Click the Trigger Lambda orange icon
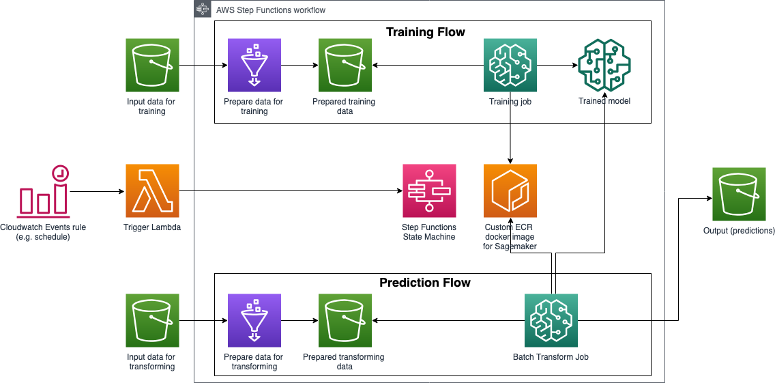(x=152, y=190)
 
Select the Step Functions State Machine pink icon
(x=429, y=190)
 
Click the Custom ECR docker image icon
(x=510, y=190)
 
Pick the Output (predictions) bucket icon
(x=739, y=194)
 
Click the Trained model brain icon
(x=604, y=65)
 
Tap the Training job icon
(x=510, y=65)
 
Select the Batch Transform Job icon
(x=551, y=320)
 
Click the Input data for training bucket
(x=152, y=65)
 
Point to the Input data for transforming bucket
(x=152, y=320)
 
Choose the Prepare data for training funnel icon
(x=253, y=65)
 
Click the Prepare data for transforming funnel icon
(x=253, y=320)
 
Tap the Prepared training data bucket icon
(x=345, y=65)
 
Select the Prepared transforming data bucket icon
(x=345, y=320)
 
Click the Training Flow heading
(x=426, y=32)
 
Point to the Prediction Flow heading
(x=425, y=283)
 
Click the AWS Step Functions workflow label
(x=270, y=10)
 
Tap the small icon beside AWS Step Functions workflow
(x=202, y=9)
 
